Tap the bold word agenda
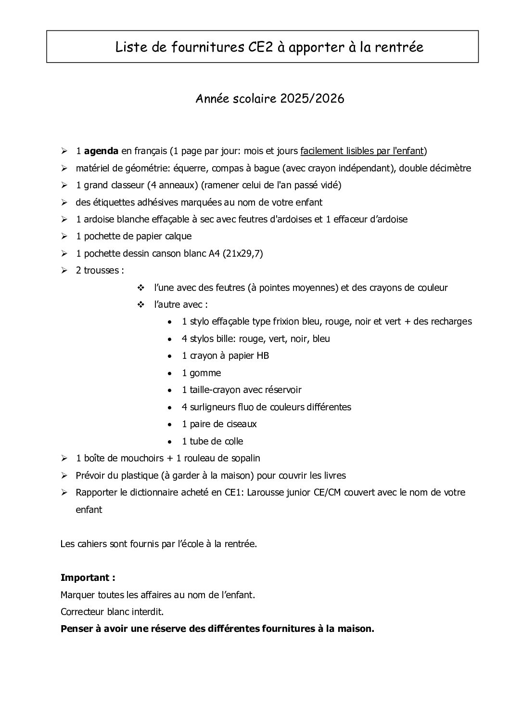(101, 151)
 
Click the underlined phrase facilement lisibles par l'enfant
(362, 151)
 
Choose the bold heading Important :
(88, 577)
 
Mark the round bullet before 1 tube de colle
(171, 442)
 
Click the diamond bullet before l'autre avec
(141, 305)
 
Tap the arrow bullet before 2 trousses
(64, 271)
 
